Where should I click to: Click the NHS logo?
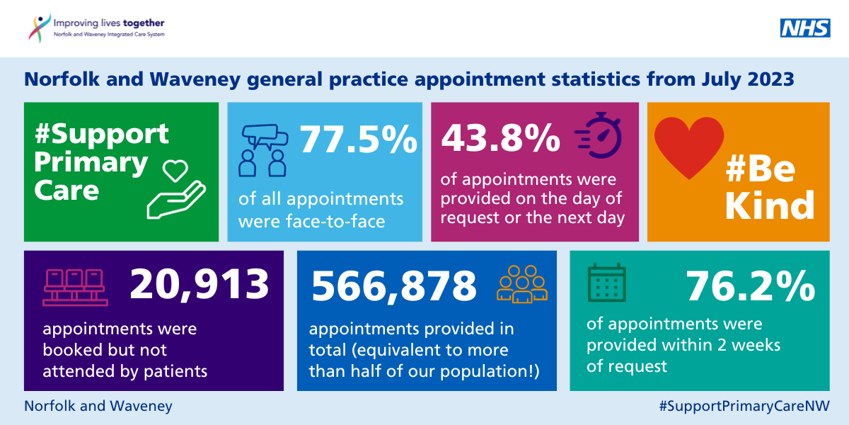click(x=805, y=28)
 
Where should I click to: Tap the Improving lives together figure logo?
click(x=40, y=28)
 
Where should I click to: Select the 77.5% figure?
click(x=359, y=139)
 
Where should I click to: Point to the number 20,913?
click(x=200, y=284)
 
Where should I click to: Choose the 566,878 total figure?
click(x=394, y=285)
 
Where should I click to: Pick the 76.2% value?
click(x=751, y=287)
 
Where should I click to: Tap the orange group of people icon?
click(x=523, y=285)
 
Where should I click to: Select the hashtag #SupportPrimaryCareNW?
click(x=744, y=406)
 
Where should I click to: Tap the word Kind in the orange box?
click(x=770, y=206)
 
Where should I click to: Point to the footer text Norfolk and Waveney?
click(x=98, y=406)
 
